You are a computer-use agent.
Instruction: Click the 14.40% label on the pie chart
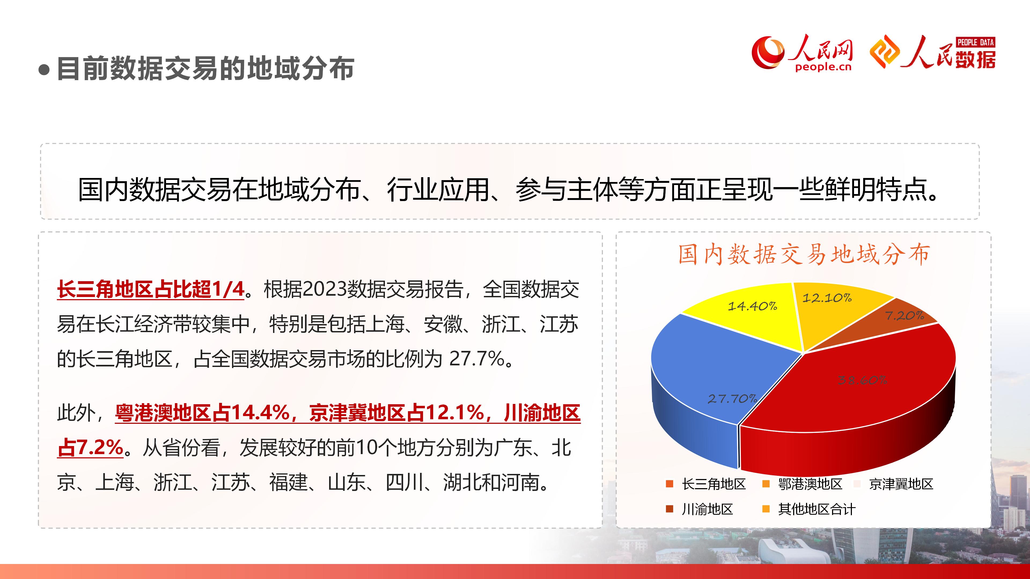coord(752,306)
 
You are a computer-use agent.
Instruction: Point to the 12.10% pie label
coord(827,298)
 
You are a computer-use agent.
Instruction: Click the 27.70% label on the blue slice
coord(732,398)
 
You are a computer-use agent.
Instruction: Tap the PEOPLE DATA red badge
coord(975,42)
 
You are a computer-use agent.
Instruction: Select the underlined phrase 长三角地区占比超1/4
coord(151,289)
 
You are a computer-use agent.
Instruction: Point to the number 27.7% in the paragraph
coord(477,358)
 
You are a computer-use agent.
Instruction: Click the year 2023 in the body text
coord(324,289)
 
